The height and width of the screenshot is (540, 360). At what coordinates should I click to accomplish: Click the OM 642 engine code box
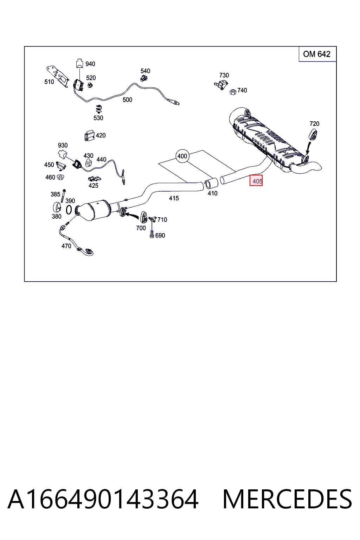317,54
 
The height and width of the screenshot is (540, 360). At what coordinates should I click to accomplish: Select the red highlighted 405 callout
256,180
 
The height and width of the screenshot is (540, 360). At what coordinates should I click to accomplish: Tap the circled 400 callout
182,156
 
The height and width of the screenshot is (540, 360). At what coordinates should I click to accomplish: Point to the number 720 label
314,124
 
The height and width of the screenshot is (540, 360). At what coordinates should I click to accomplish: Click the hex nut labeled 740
233,92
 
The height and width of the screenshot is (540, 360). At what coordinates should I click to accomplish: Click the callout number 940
90,64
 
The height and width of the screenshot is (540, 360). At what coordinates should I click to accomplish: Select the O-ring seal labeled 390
69,210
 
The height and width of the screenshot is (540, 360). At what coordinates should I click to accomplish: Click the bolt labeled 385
63,196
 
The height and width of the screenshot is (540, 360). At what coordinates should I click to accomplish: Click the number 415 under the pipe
174,198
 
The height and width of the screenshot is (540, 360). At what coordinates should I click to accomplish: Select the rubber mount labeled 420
89,136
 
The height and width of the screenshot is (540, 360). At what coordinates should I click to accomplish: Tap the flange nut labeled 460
60,178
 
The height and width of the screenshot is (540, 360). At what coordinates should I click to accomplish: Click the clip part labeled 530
98,109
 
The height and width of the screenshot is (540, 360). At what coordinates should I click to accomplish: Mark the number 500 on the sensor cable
127,99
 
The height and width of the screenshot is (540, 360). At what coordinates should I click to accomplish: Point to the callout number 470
66,246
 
